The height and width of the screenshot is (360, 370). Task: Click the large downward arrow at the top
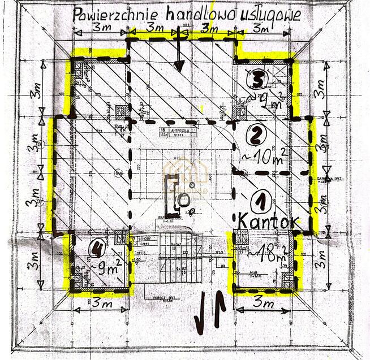(179, 54)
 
